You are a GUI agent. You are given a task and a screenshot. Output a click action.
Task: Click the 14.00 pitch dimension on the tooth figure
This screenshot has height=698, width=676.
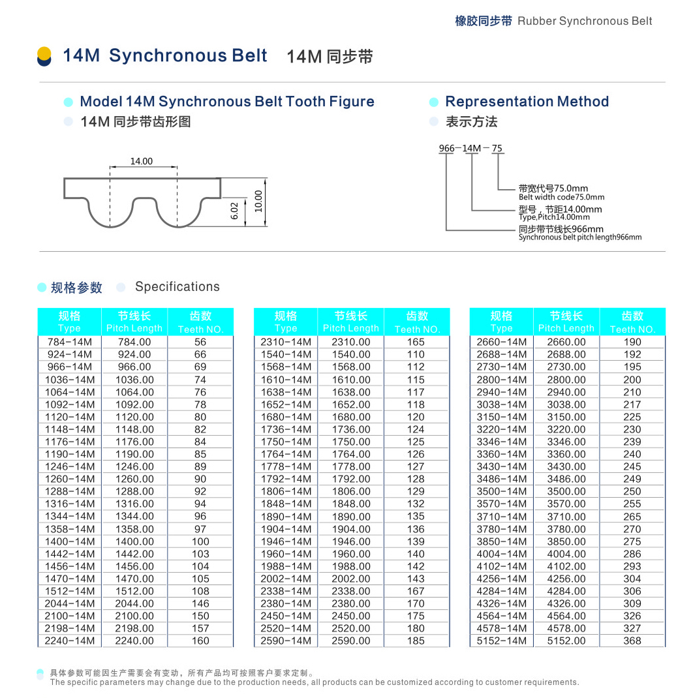[141, 161]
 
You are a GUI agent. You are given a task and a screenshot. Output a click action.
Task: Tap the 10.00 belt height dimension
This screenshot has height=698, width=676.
[258, 201]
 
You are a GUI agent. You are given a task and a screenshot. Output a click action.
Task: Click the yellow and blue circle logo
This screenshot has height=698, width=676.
[44, 56]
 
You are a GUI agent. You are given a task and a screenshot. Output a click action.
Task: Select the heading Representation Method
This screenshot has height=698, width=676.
[527, 102]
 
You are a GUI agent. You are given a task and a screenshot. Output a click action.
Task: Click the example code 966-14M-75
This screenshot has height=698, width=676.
[470, 149]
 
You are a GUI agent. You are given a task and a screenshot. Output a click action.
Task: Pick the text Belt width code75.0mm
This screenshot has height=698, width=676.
[561, 197]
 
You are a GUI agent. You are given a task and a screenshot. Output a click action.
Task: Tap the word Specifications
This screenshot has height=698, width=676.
[177, 287]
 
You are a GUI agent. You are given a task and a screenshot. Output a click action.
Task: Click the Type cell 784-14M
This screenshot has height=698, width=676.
[70, 342]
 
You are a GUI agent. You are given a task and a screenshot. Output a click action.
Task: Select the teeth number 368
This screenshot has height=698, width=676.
[632, 641]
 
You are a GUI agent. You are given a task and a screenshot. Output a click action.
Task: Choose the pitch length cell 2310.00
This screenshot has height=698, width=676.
[350, 342]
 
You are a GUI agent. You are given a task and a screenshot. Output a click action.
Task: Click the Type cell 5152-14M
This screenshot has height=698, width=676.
[501, 641]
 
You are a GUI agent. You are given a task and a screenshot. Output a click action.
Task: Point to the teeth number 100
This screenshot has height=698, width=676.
[200, 541]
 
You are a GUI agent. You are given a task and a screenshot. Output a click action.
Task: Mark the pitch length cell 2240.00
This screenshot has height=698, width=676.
[134, 641]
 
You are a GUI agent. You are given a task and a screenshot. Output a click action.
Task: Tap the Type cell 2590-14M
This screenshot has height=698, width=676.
[286, 641]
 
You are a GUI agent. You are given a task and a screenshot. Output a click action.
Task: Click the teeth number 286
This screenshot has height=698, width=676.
[632, 554]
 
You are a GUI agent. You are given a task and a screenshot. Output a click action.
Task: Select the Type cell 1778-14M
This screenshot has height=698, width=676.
[286, 466]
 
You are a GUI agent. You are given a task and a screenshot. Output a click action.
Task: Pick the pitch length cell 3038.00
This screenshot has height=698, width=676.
[566, 404]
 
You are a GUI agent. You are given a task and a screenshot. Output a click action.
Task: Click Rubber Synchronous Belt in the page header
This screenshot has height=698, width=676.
[585, 21]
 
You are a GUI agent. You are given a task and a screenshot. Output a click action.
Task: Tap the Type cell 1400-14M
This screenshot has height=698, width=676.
[70, 541]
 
